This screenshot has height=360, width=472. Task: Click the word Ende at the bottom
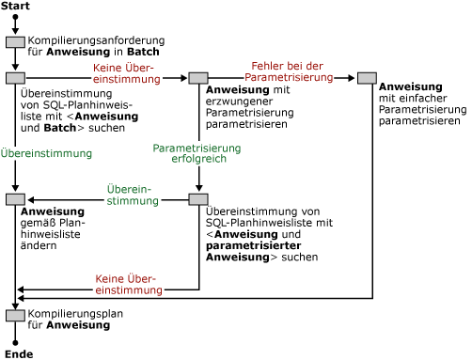(x=16, y=353)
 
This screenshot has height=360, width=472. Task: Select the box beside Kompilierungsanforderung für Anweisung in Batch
(x=15, y=42)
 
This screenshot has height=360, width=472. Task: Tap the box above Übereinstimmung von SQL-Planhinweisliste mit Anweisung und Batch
(x=15, y=78)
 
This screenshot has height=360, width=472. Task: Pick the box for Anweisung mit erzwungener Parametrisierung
(x=197, y=78)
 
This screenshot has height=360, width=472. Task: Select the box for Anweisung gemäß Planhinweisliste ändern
(x=15, y=199)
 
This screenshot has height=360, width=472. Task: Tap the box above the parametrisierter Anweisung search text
(x=197, y=199)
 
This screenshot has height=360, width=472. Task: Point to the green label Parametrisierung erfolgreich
(x=197, y=154)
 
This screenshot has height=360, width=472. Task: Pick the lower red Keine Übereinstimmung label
(x=125, y=283)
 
